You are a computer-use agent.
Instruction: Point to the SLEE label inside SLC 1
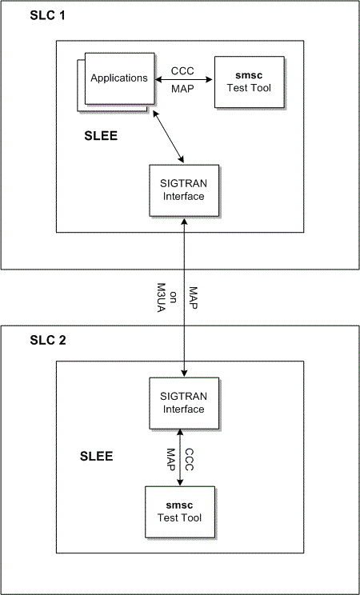click(x=101, y=137)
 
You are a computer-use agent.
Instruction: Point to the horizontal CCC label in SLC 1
click(x=182, y=70)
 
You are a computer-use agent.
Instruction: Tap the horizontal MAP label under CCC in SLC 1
click(x=182, y=88)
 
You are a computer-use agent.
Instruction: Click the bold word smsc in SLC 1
click(x=249, y=77)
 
